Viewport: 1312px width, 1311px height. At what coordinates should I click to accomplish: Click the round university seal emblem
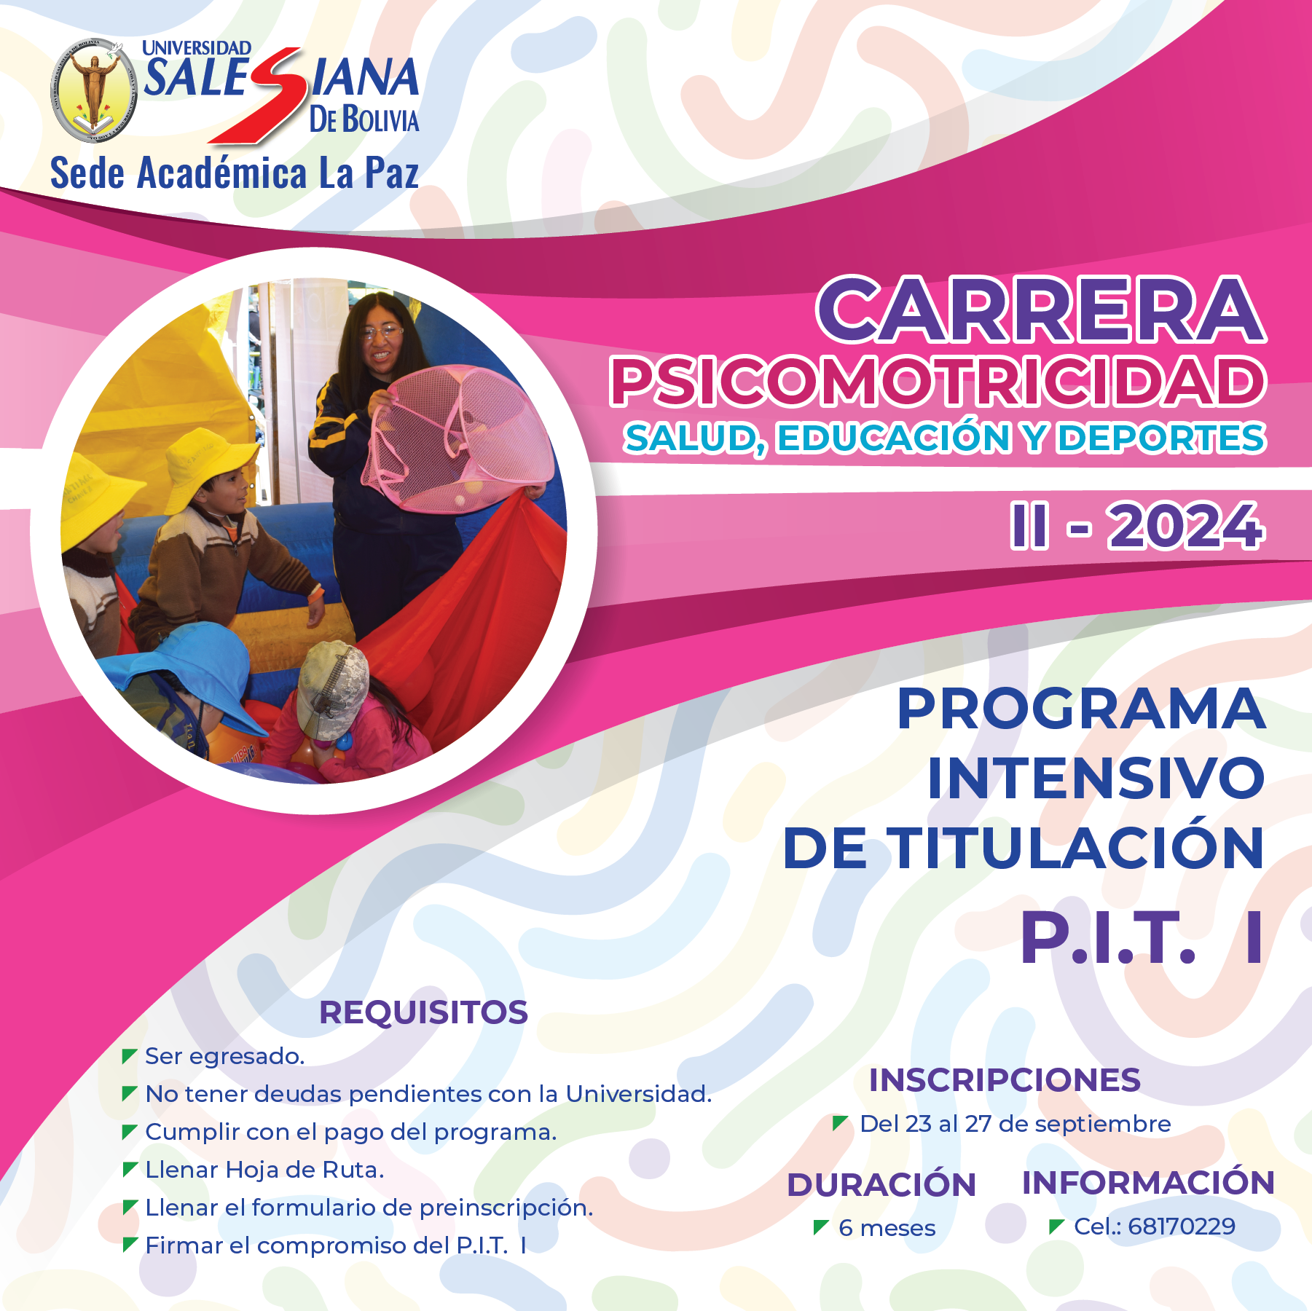[x=93, y=90]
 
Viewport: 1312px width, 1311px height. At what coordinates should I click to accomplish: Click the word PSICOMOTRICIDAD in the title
[x=938, y=382]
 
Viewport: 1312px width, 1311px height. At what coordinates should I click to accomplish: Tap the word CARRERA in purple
[x=1041, y=310]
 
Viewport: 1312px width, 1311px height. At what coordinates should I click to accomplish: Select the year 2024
[x=1185, y=526]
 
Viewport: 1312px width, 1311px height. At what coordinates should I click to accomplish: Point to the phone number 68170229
[x=1181, y=1226]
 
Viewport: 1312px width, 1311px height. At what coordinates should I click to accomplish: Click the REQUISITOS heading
[x=423, y=1012]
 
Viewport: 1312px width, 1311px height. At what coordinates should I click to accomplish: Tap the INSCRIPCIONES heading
[x=1005, y=1080]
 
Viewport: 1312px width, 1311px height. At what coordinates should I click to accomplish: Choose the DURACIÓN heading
[x=881, y=1185]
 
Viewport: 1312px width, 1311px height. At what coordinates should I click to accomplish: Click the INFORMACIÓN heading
[x=1148, y=1183]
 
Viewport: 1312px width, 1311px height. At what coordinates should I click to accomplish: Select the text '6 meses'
[x=887, y=1228]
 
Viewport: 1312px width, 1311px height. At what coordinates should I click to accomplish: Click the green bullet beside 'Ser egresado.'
[x=130, y=1056]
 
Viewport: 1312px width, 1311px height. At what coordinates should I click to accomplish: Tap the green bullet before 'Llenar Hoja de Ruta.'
[x=130, y=1170]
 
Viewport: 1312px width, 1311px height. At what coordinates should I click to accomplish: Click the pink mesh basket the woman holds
[x=455, y=441]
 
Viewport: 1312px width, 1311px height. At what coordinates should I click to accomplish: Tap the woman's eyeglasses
[x=381, y=333]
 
